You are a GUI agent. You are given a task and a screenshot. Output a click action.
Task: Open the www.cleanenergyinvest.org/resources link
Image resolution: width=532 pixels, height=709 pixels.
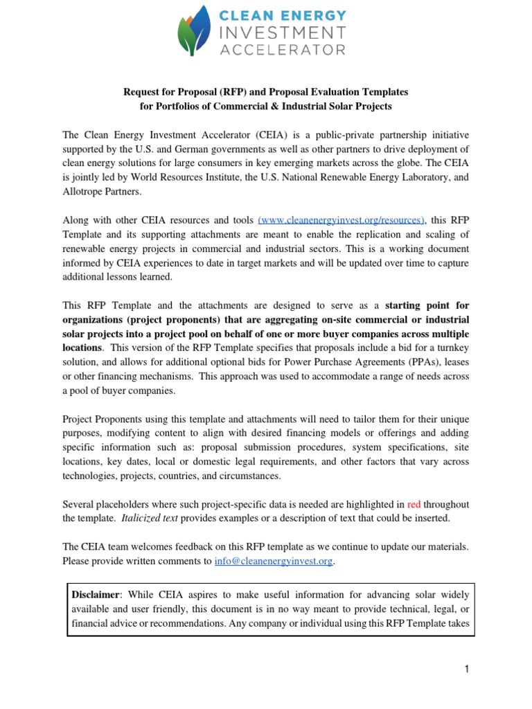[x=341, y=219]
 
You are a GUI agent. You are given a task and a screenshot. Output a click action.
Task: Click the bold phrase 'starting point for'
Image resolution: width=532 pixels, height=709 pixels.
[x=427, y=305]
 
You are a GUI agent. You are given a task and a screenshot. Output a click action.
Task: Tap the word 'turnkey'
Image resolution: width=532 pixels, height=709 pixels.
[x=453, y=348]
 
